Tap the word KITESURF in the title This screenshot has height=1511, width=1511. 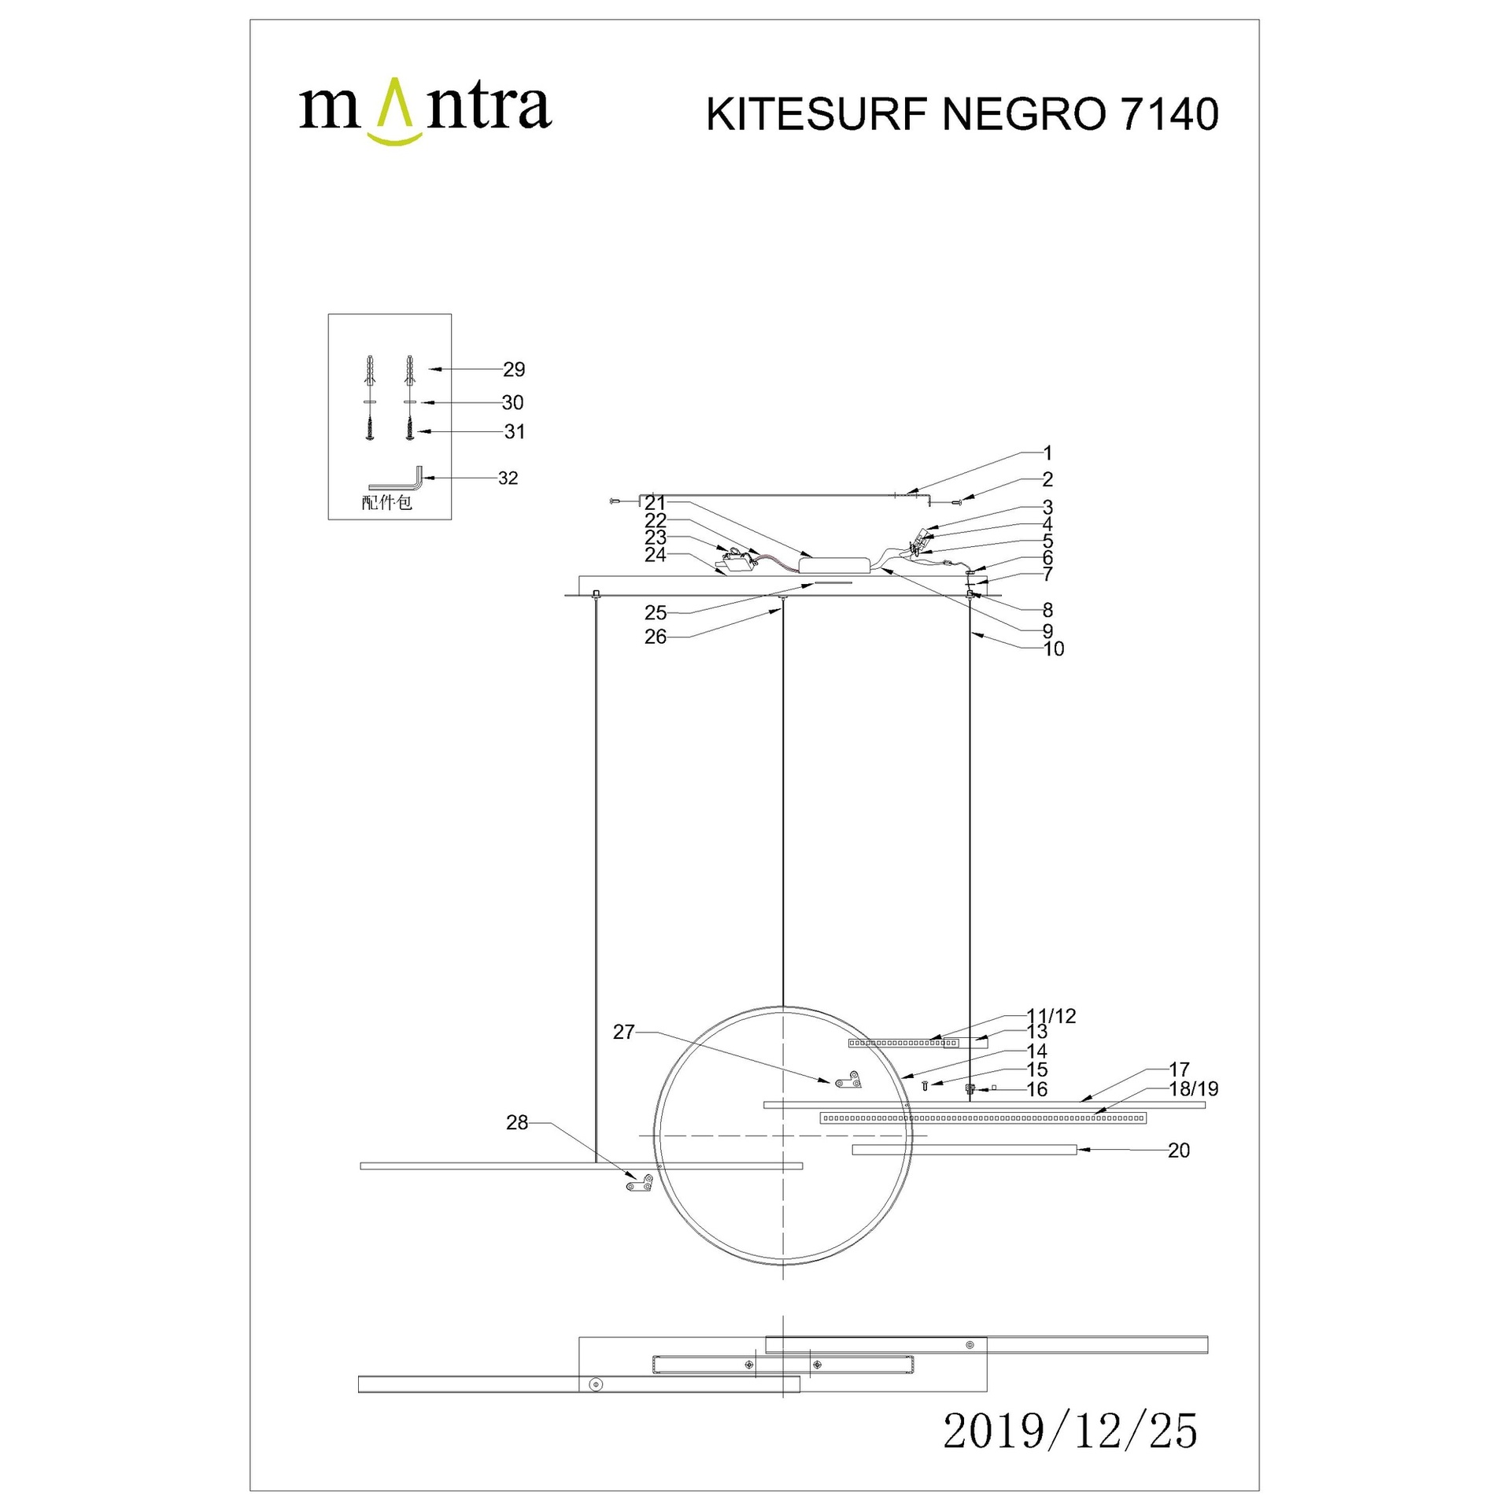(x=817, y=114)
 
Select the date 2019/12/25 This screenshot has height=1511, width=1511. (x=1070, y=1453)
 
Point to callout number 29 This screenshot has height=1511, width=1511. (x=514, y=369)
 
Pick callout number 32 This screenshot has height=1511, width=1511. (x=508, y=478)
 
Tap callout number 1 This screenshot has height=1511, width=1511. (x=1047, y=453)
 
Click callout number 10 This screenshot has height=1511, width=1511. (x=1054, y=648)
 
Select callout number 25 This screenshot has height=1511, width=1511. (x=656, y=612)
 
